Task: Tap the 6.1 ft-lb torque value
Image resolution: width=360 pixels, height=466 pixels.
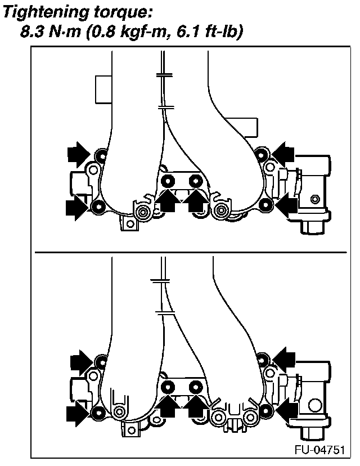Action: click(x=210, y=33)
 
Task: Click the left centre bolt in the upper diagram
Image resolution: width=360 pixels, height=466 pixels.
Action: click(x=167, y=181)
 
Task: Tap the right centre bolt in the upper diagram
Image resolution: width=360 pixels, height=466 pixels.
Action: click(x=195, y=181)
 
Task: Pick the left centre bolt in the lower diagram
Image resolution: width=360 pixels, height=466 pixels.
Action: click(x=167, y=387)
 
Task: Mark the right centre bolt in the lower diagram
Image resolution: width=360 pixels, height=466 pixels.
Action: click(x=195, y=387)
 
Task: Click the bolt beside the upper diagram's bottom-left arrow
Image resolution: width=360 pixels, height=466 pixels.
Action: click(x=97, y=207)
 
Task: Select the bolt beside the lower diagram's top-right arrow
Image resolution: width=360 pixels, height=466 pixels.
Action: click(x=262, y=358)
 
